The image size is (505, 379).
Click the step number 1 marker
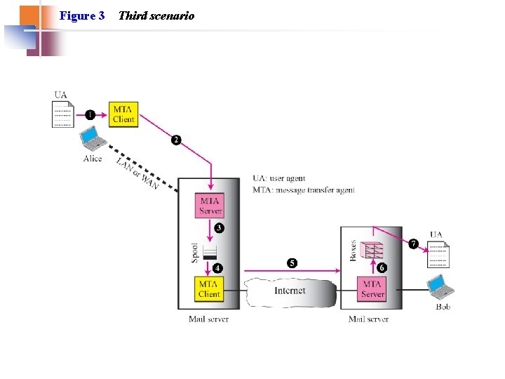pos(90,114)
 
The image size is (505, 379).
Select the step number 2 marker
pos(176,140)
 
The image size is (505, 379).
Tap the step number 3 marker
pos(220,228)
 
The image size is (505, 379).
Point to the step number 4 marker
pos(218,268)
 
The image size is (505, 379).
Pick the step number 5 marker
pos(292,263)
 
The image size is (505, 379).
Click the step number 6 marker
pos(382,267)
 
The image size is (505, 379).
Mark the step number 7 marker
pos(414,244)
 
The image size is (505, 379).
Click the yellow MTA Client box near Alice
pos(123,114)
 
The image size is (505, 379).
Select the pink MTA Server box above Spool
pos(210,205)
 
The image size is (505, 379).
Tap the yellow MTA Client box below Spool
pos(209,289)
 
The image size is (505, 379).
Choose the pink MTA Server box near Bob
pos(372,289)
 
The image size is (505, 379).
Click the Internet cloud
pos(290,291)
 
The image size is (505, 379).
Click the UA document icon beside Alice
pos(62,114)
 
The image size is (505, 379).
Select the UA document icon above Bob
pos(438,255)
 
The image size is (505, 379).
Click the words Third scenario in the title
pos(156,15)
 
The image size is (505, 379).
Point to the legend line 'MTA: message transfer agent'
pos(304,189)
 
